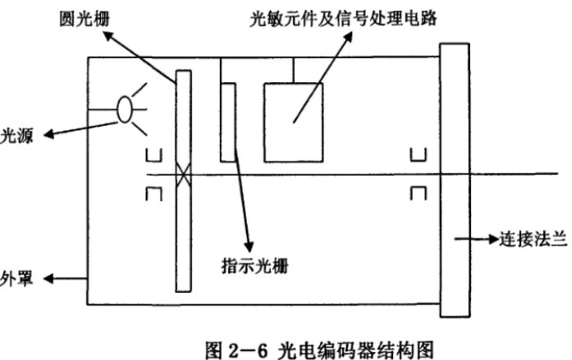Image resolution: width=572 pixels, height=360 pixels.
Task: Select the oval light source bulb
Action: (125, 109)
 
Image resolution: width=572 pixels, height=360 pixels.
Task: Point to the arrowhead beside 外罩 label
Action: (51, 278)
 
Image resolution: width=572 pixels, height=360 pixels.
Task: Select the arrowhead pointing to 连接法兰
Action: (492, 239)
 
